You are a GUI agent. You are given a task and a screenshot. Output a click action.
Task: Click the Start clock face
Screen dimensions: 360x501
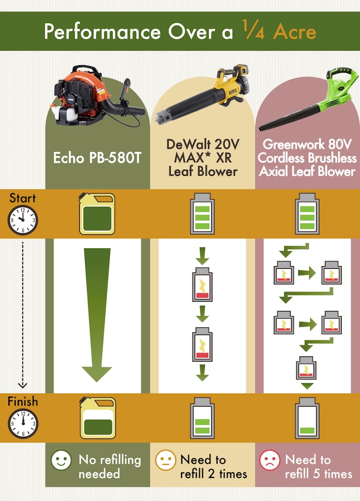[22, 220]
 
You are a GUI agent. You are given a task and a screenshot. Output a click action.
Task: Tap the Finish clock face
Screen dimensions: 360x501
[23, 423]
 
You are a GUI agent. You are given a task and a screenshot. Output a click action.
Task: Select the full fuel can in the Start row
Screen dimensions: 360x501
[97, 214]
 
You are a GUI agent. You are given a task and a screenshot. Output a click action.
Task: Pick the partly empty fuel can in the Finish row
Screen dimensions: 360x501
[98, 418]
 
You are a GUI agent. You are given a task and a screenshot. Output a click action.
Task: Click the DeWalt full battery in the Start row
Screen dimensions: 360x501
[202, 213]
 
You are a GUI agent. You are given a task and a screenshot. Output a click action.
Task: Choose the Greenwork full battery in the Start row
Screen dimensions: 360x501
[307, 213]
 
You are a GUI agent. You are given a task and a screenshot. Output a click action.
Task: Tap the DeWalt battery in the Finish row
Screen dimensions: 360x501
[202, 418]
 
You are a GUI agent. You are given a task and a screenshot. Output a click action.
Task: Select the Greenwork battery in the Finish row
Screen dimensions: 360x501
[307, 418]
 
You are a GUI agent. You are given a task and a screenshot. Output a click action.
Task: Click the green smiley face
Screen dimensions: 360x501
[61, 460]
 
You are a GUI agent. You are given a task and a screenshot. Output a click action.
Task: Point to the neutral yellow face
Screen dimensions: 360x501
[165, 460]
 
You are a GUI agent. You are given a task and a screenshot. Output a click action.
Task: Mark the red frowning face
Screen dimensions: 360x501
[270, 460]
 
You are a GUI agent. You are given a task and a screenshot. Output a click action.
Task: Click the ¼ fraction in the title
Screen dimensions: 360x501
[254, 30]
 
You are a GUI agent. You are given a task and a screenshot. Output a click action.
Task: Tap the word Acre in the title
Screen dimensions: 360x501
[294, 32]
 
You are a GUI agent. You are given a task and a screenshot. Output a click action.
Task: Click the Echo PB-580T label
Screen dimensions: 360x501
[97, 158]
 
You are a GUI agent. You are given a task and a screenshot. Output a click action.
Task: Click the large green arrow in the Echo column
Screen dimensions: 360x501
[97, 315]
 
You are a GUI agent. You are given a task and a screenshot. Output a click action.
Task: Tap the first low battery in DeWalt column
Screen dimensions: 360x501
[202, 284]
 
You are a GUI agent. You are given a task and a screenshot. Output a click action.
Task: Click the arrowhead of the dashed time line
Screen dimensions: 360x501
[22, 385]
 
